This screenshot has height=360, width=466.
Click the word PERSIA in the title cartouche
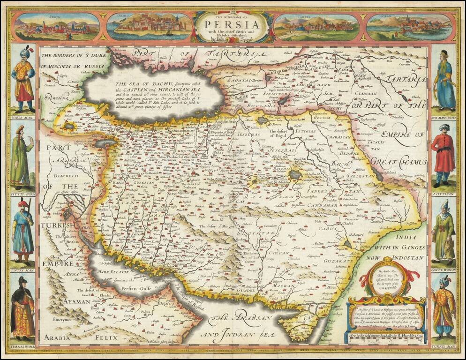[x=233, y=23]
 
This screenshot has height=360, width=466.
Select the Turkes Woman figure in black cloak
[x=22, y=307]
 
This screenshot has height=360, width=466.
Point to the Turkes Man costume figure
[x=443, y=307]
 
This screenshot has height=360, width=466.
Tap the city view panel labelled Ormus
[x=149, y=27]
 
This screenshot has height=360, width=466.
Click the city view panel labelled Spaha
[x=56, y=27]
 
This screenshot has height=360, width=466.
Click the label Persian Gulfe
[x=135, y=289]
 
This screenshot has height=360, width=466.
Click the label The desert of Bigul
[x=281, y=134]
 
